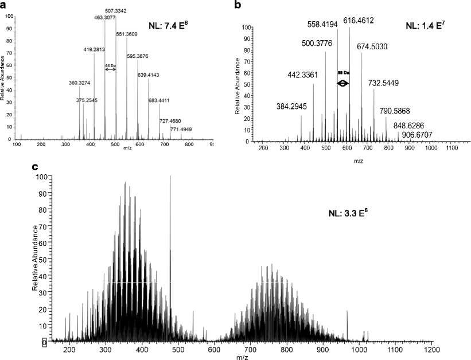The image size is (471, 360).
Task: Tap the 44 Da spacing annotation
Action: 110,66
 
